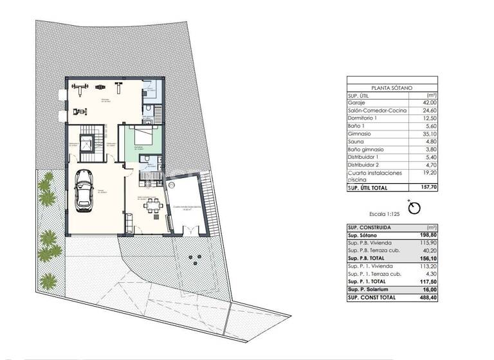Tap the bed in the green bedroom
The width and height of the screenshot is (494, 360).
(x=143, y=136)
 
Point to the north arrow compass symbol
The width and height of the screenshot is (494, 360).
(x=414, y=208)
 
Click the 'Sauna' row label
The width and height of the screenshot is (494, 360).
(x=356, y=141)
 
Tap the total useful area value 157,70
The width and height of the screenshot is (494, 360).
(x=428, y=188)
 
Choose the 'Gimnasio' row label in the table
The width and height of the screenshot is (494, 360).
(x=360, y=134)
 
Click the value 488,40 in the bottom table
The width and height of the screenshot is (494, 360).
(x=428, y=298)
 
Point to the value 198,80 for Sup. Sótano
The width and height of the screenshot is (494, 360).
(x=428, y=236)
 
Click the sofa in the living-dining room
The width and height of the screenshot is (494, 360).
(x=128, y=222)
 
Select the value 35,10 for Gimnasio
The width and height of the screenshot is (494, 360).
(x=429, y=134)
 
